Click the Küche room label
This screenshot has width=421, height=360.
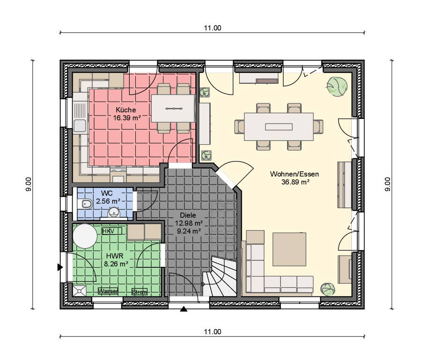126,110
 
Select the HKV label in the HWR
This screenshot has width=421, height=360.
108,231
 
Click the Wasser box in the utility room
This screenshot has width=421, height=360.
108,291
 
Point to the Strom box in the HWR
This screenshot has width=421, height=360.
139,292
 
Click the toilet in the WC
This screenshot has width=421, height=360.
86,204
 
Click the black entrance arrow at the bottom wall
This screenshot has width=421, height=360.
184,309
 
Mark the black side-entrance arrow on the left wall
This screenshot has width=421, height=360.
60,267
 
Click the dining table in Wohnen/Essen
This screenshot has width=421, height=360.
279,126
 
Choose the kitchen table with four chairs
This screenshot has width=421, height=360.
173,109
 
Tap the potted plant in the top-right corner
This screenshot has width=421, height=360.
337,87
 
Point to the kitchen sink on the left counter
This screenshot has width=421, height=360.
80,125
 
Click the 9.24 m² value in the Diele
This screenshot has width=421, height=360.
189,231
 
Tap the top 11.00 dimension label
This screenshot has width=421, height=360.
212,28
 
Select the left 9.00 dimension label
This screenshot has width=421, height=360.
29,184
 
